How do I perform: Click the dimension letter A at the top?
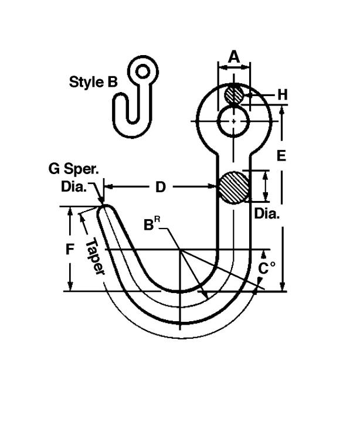coord(234,57)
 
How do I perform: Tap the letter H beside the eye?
coord(283,95)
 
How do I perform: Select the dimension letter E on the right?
coord(281,155)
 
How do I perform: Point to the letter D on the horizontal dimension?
coord(161,187)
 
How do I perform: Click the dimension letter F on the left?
coord(70,249)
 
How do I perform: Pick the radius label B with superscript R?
coord(152,224)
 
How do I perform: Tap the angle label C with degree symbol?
coord(267,268)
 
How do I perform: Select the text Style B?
coord(93,82)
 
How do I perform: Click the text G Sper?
coord(74,169)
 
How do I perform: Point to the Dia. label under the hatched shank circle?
coord(267,214)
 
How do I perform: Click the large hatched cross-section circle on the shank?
coord(233,188)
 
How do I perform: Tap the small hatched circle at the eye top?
coord(234,94)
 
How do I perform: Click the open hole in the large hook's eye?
coord(233,121)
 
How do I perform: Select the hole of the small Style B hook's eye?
coord(142,72)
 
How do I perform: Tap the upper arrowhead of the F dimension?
coord(70,212)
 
